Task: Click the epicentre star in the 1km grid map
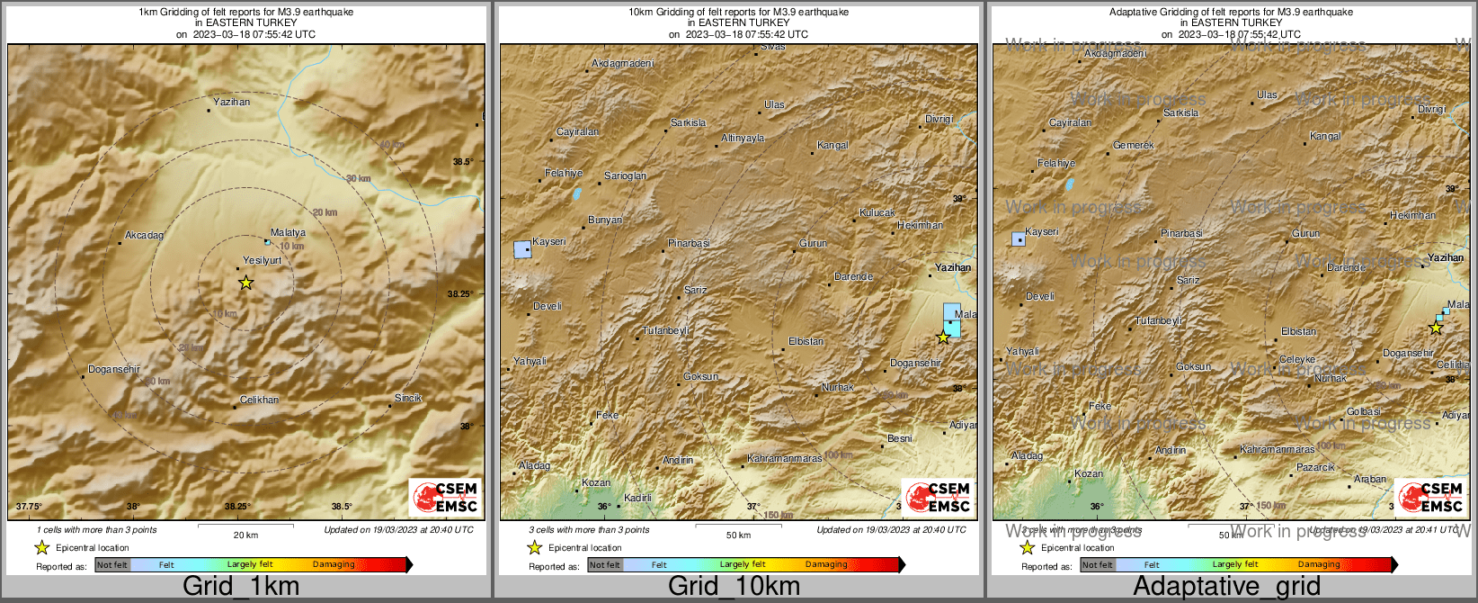245,283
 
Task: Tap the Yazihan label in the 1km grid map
232,102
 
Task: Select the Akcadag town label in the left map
144,235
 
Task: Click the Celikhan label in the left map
259,400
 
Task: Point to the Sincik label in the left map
408,398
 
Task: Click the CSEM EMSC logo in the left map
446,498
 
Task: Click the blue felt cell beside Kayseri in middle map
521,249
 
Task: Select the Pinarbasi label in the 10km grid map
689,243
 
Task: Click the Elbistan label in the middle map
806,341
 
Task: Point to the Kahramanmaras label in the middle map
784,458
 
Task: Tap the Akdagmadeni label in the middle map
623,64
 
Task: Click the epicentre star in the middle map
943,337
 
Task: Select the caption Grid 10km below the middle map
734,587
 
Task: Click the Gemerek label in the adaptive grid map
1133,145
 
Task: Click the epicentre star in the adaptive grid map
1436,328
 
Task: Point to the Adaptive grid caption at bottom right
1226,587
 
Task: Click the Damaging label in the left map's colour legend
334,564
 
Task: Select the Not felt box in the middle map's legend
605,564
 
